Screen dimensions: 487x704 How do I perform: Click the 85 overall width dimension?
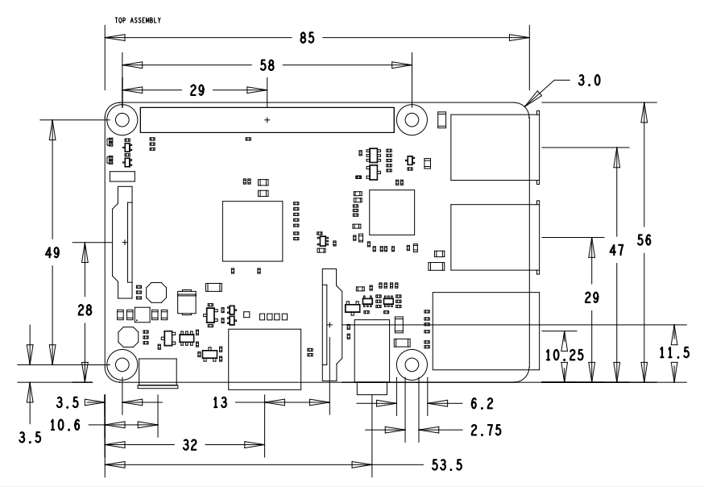(x=306, y=37)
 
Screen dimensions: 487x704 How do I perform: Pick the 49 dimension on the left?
(x=53, y=252)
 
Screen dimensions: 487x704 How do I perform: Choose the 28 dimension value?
(x=85, y=310)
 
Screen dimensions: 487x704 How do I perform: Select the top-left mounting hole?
(x=122, y=120)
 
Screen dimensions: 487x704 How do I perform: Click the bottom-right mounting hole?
(x=412, y=366)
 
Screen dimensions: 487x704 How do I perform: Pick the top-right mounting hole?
(x=412, y=120)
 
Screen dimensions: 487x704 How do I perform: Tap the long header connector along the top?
(x=267, y=120)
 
